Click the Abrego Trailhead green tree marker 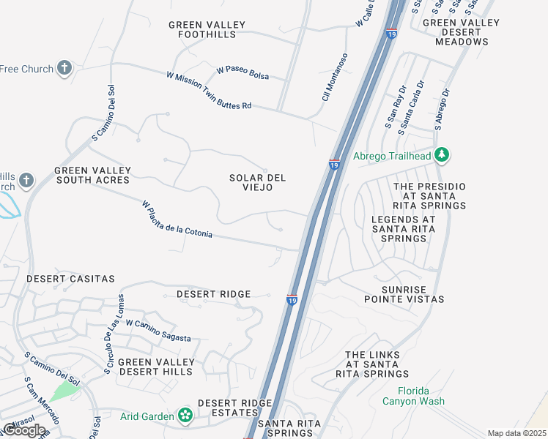(x=441, y=155)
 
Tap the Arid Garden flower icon (x=185, y=416)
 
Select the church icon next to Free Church (x=64, y=69)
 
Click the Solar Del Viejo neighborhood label (x=257, y=183)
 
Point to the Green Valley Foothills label (x=207, y=29)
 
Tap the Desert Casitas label (x=71, y=279)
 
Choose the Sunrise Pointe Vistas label (x=404, y=294)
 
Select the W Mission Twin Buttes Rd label (x=209, y=91)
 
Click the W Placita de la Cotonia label (x=177, y=220)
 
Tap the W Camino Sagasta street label (x=158, y=331)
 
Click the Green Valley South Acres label (x=93, y=175)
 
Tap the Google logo (x=24, y=429)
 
